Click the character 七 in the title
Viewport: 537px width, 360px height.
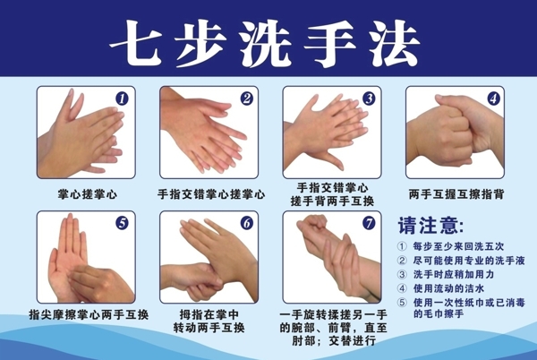(x=137, y=42)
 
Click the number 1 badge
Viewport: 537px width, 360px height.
(x=122, y=99)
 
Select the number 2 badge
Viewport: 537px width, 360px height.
(x=247, y=99)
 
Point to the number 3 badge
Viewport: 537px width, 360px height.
(x=369, y=99)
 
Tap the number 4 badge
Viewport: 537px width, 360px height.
(x=493, y=99)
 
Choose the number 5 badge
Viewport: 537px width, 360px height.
(x=122, y=223)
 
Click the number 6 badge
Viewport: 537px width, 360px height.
(x=247, y=223)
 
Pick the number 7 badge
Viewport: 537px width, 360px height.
(x=369, y=223)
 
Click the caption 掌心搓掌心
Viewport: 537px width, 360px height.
(x=88, y=194)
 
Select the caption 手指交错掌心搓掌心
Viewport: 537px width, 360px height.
(x=211, y=194)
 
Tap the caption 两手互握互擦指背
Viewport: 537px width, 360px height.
(x=456, y=194)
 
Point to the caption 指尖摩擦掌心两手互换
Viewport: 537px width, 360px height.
(x=89, y=314)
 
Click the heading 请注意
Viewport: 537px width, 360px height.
(x=430, y=225)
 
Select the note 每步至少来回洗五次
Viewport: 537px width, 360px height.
(x=458, y=246)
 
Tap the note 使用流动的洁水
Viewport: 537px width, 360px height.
(x=448, y=288)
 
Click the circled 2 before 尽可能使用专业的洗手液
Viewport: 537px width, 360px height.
(x=402, y=261)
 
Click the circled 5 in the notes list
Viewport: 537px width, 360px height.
(x=402, y=303)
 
